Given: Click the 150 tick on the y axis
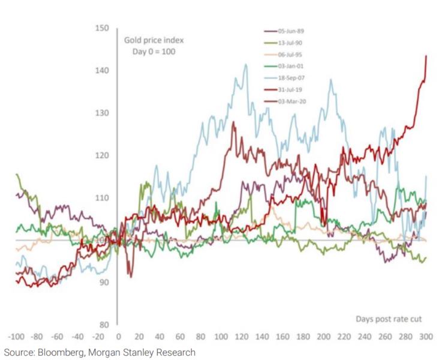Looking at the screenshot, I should [101, 28].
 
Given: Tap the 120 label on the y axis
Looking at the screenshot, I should [101, 155].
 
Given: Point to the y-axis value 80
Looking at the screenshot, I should [103, 325].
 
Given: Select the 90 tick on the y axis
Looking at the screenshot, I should [103, 282].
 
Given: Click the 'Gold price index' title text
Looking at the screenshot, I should [154, 41].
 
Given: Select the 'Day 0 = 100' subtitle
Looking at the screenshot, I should [154, 52].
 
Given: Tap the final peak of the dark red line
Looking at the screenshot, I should [426, 56].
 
